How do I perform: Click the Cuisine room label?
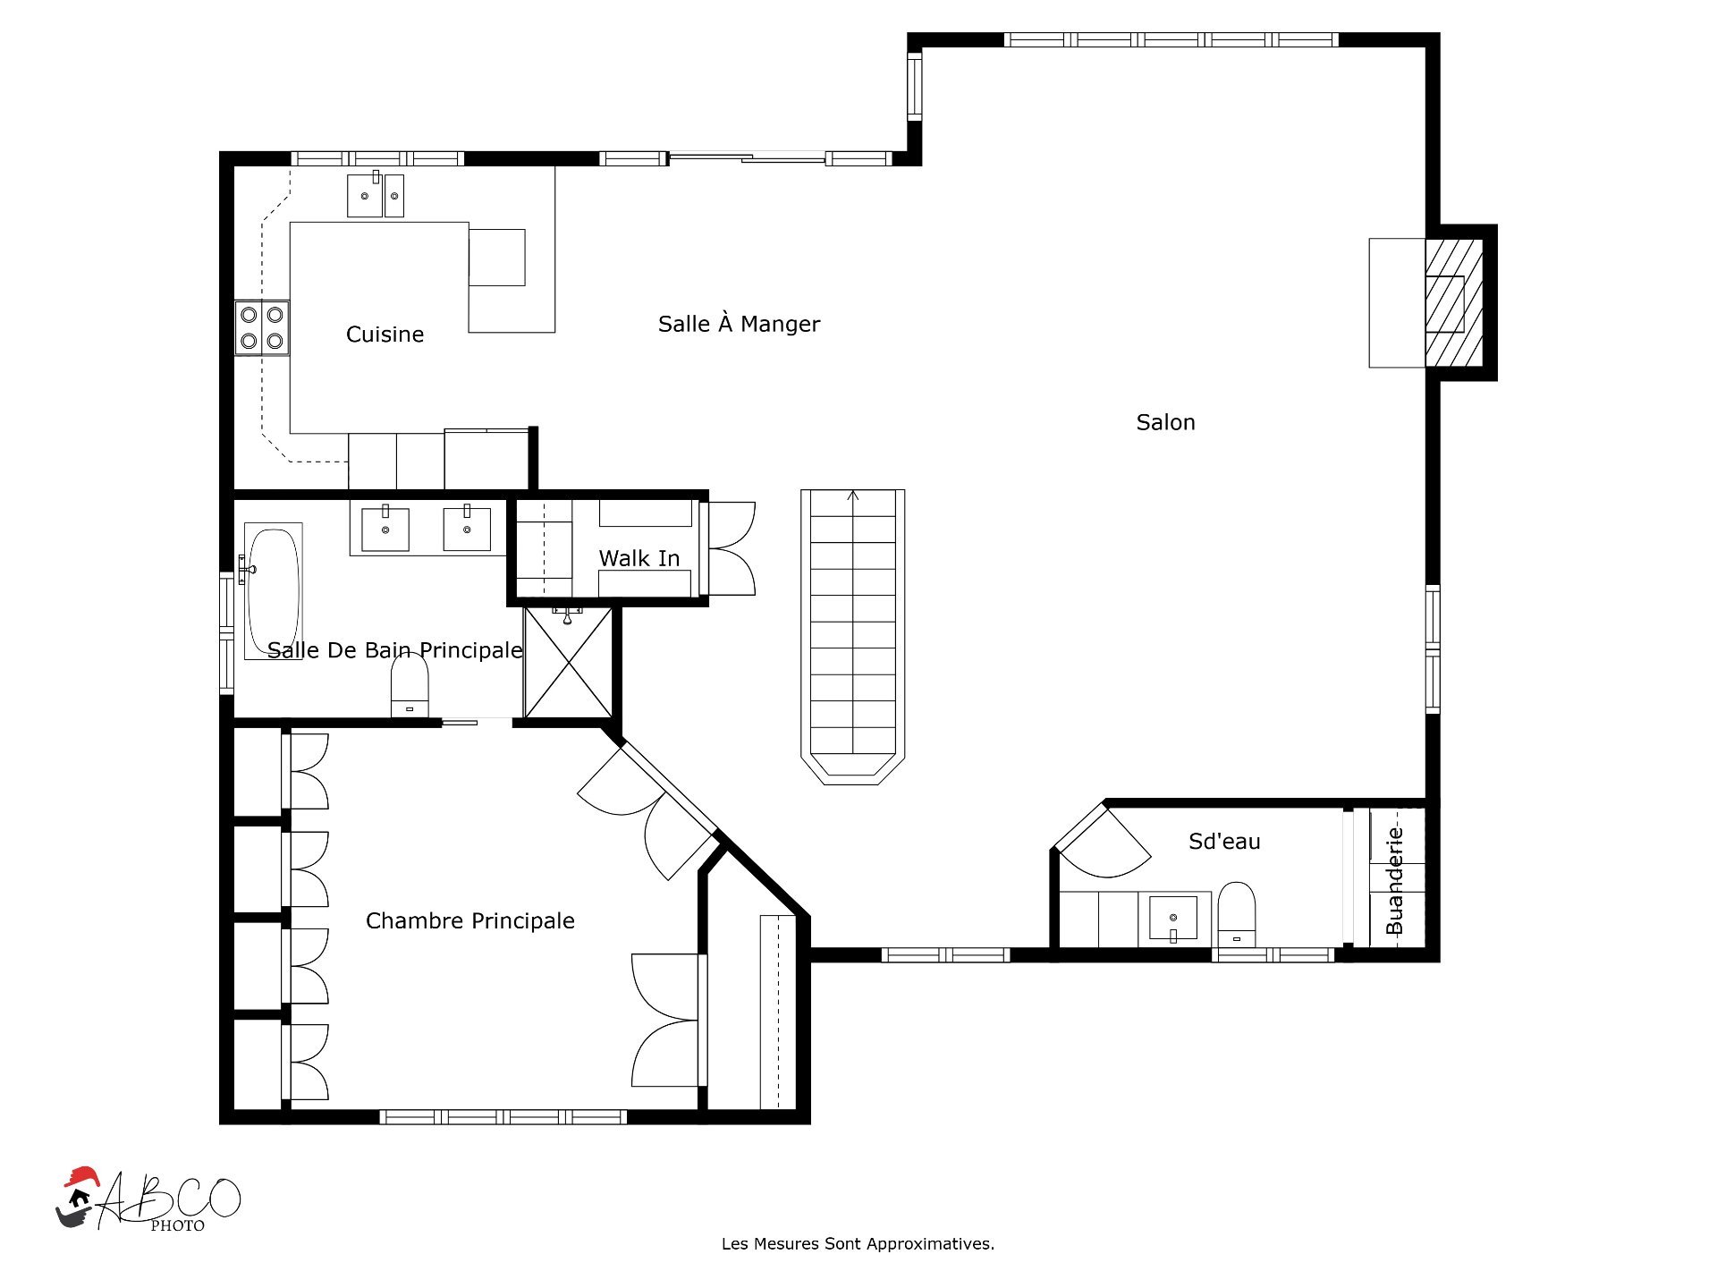coord(385,335)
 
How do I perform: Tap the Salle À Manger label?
coord(739,324)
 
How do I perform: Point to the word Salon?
coord(1165,422)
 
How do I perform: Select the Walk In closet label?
coord(639,558)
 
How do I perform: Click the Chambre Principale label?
coord(470,921)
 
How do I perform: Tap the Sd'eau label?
coord(1224,841)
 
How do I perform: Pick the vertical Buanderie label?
coord(1394,881)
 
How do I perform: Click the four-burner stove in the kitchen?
coord(262,327)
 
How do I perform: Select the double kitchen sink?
coord(376,195)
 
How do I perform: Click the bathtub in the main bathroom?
coord(273,591)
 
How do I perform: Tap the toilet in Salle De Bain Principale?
coord(410,686)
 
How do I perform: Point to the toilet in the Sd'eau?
coord(1237,914)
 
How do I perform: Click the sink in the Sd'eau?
coord(1173,919)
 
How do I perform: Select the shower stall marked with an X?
coord(568,663)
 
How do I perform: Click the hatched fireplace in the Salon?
coord(1453,302)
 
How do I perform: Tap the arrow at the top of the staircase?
coord(853,496)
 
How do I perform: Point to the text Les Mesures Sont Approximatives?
coord(858,1243)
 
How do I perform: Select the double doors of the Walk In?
coord(729,548)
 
